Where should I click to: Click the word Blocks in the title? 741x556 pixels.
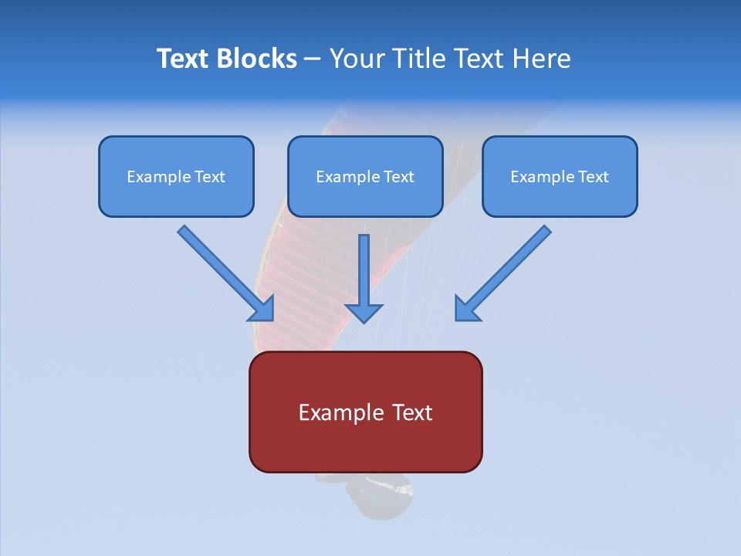coord(258,59)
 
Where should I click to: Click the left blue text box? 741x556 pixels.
coord(176,177)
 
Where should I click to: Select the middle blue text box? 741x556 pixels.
coord(365,177)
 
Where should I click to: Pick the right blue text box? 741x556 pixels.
coord(560,177)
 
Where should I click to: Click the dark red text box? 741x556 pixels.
coord(365,412)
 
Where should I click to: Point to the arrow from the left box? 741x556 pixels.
coord(224,272)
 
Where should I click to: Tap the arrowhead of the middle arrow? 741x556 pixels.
coord(364,312)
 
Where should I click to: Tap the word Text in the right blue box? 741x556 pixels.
coord(593,177)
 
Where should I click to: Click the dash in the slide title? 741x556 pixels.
coord(313,59)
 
